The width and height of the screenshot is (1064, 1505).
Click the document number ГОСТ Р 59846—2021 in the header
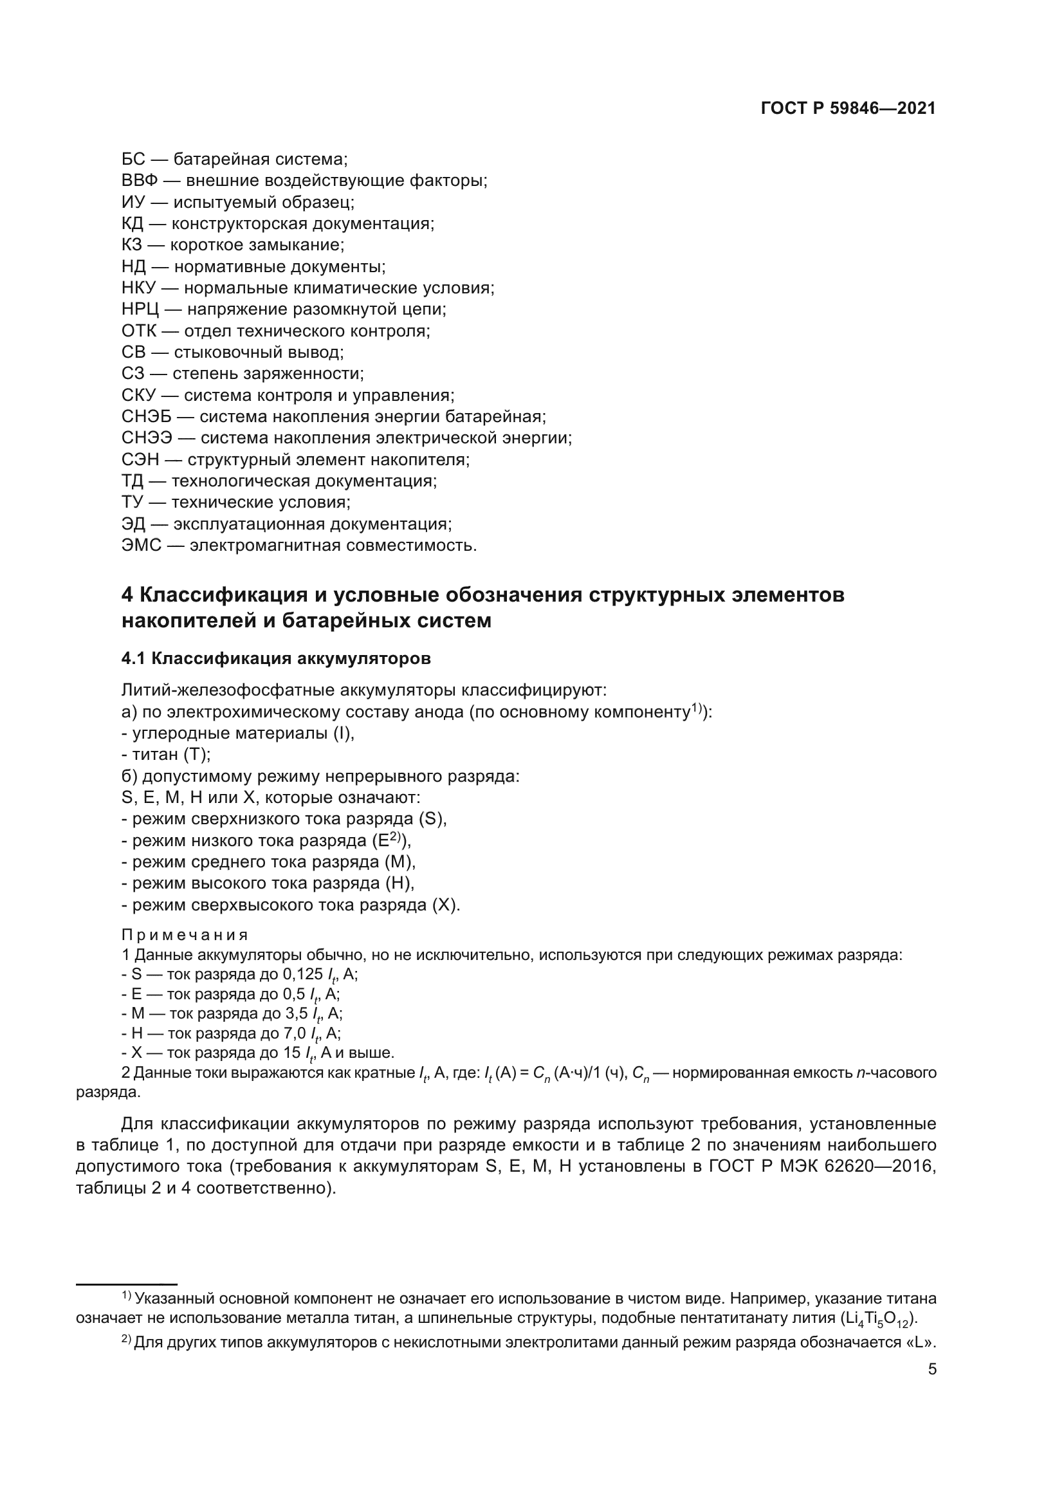tap(848, 109)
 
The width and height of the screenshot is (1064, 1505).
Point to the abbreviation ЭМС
tap(142, 546)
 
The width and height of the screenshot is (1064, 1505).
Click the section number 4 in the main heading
tap(127, 595)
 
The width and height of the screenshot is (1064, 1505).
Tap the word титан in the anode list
tap(155, 755)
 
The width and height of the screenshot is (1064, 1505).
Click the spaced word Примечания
tap(185, 935)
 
